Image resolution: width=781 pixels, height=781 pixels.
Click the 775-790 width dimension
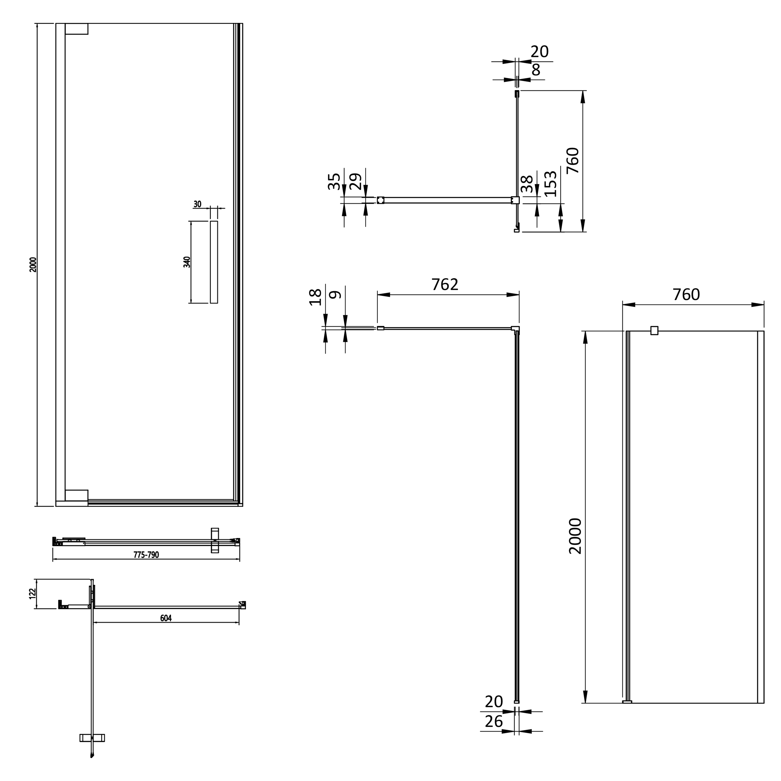pyautogui.click(x=146, y=555)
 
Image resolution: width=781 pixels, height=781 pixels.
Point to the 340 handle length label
pyautogui.click(x=186, y=262)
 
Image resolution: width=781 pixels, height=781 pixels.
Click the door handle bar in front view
pyautogui.click(x=214, y=262)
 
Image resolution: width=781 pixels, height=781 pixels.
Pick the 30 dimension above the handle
pyautogui.click(x=197, y=204)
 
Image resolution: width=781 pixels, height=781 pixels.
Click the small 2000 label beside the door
pyautogui.click(x=33, y=264)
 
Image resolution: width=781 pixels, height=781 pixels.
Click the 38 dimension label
pyautogui.click(x=527, y=184)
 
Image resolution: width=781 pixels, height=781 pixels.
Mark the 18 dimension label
pyautogui.click(x=315, y=297)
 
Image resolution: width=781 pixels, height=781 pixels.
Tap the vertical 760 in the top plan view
pyautogui.click(x=572, y=160)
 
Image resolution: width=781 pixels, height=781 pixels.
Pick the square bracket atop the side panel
pyautogui.click(x=654, y=331)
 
